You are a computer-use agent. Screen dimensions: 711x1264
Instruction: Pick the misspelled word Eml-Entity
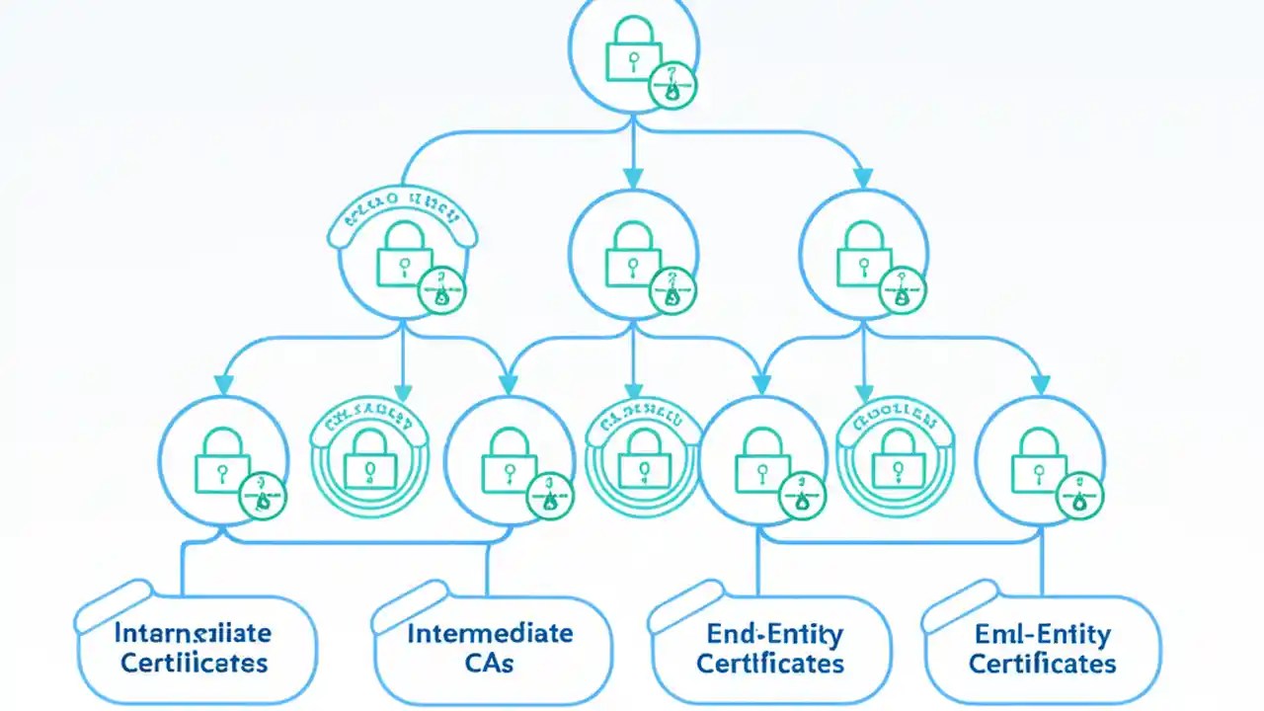click(1042, 633)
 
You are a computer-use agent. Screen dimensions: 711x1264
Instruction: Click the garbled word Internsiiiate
click(194, 632)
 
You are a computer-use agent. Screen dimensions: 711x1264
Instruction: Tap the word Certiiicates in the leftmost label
click(194, 662)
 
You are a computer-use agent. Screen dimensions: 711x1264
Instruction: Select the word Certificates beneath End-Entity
click(770, 663)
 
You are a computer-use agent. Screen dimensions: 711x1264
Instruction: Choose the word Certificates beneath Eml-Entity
click(1042, 663)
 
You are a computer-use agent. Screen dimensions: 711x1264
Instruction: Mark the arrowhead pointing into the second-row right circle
click(864, 178)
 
